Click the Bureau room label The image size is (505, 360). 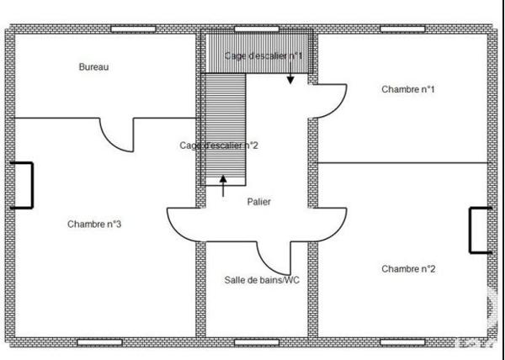(93, 66)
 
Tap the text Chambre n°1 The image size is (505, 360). (407, 88)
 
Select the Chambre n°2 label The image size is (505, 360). (407, 269)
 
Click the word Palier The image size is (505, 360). (259, 202)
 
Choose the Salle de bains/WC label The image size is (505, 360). (262, 280)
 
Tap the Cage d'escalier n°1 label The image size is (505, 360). (263, 56)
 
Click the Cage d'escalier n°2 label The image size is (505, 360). (218, 146)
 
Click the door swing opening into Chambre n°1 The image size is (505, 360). (330, 101)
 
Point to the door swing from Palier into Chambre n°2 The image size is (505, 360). (331, 225)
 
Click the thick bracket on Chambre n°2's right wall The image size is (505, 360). (480, 229)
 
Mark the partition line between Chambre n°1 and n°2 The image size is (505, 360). (402, 162)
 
